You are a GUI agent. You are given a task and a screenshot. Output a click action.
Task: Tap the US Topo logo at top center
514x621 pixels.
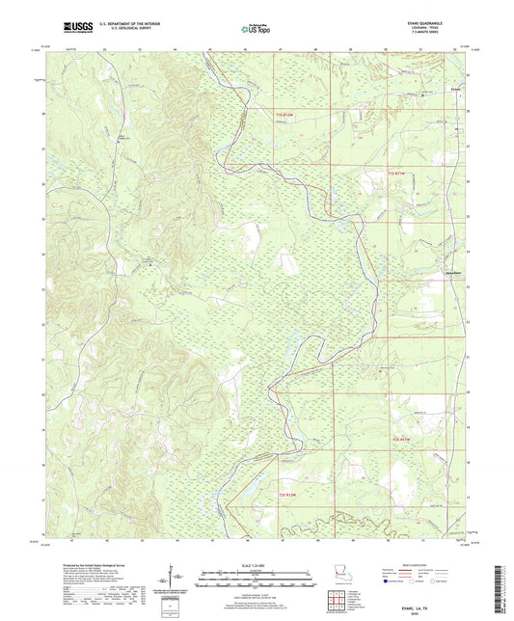click(x=256, y=30)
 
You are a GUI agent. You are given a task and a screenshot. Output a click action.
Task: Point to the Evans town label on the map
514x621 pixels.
click(x=456, y=93)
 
